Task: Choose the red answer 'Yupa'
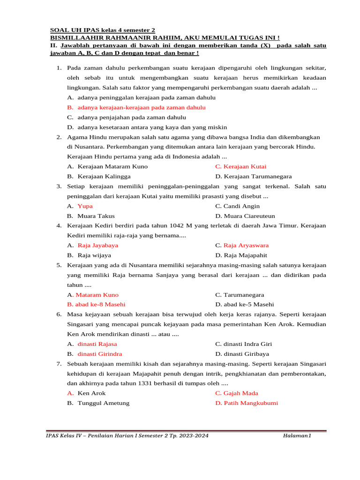point(85,206)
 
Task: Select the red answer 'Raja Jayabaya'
point(97,245)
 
